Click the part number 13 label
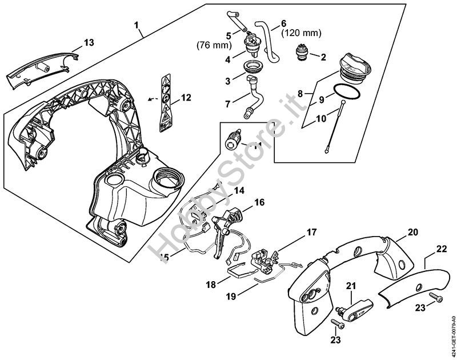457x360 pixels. click(x=89, y=43)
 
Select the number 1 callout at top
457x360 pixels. click(x=137, y=25)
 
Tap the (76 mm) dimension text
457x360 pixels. click(x=213, y=45)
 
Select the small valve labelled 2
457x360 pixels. click(x=301, y=55)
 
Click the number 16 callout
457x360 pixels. click(x=259, y=202)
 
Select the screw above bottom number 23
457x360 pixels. click(x=338, y=324)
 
